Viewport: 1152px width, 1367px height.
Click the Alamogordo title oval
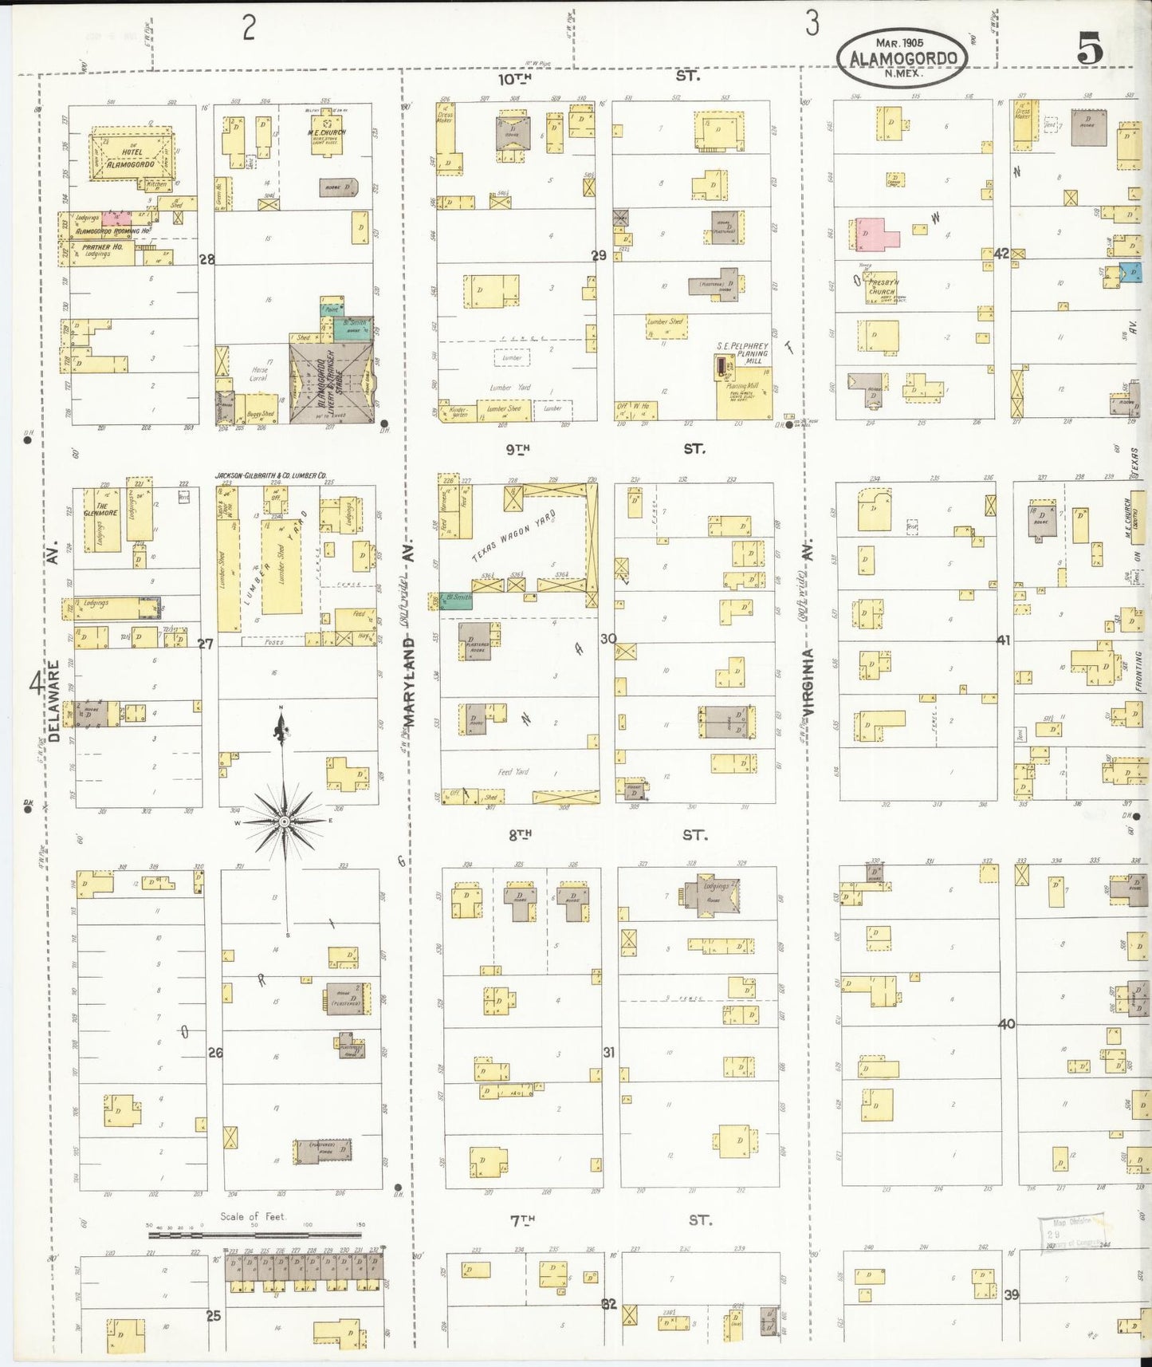[901, 58]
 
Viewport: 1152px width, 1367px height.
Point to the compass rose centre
[284, 821]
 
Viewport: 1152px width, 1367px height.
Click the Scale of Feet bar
[254, 1235]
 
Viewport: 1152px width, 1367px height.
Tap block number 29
[598, 256]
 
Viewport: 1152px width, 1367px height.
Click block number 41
[1003, 640]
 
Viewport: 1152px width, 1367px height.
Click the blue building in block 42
[1131, 272]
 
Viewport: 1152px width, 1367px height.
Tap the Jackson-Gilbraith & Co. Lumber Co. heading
[270, 475]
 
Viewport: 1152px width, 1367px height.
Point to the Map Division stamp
[1070, 1233]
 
